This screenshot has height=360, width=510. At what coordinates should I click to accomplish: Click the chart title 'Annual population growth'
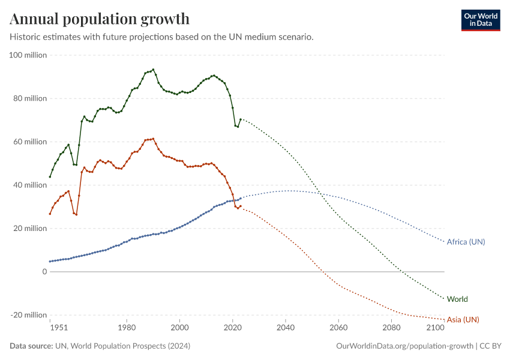[100, 19]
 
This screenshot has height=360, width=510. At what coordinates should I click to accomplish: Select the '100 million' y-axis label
[28, 55]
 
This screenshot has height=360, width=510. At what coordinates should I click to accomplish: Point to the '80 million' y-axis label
[29, 98]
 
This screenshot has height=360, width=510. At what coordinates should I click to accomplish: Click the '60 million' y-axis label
[29, 142]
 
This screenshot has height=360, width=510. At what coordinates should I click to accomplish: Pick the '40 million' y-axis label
[29, 185]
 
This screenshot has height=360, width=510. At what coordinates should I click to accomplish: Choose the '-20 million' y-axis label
[29, 315]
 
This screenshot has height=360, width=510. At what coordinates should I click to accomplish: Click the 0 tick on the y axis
[44, 272]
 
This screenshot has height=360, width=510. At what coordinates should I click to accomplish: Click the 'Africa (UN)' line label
[466, 242]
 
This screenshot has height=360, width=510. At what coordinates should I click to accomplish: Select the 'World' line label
[457, 299]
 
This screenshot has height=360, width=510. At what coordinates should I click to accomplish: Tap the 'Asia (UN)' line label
[463, 319]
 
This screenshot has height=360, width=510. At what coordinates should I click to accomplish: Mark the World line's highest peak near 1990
[153, 70]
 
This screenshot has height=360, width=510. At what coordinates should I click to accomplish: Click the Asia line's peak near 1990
[153, 139]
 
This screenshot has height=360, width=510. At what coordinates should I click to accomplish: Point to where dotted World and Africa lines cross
[322, 193]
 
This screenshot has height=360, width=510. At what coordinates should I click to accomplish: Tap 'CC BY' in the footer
[491, 346]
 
